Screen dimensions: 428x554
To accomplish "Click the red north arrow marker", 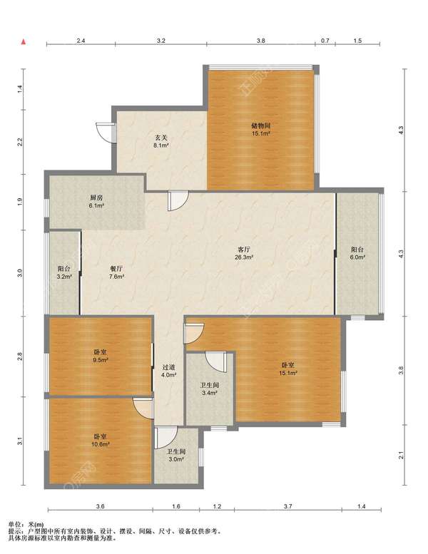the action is click(24, 42).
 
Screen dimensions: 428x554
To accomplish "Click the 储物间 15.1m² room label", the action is click(261, 129).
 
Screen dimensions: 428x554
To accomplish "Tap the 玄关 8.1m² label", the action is click(160, 141).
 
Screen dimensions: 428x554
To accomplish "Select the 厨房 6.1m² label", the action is click(96, 201).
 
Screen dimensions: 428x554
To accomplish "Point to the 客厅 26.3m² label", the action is click(244, 253).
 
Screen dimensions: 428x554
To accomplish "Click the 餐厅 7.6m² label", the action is click(116, 272).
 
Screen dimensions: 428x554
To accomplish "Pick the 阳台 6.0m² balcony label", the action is click(357, 253).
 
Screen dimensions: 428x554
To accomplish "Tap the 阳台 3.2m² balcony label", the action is click(64, 272).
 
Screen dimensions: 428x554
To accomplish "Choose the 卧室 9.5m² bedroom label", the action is click(101, 356).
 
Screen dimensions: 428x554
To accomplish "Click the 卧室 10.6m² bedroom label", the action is click(101, 441).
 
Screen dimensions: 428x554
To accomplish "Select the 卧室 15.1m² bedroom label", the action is click(288, 369).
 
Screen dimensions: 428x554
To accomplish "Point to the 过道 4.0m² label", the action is click(169, 371).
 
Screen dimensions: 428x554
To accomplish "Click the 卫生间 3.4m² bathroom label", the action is click(209, 389).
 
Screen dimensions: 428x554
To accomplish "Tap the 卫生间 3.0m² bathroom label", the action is click(176, 456).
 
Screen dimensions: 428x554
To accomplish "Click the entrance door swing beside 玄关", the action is click(106, 132).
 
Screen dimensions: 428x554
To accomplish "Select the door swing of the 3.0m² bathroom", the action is click(165, 438).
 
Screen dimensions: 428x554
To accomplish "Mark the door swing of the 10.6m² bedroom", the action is click(143, 408).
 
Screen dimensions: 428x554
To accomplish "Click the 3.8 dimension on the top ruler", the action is click(261, 41).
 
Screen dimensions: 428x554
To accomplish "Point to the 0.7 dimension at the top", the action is click(325, 41).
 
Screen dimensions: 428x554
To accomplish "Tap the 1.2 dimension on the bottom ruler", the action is click(217, 506).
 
